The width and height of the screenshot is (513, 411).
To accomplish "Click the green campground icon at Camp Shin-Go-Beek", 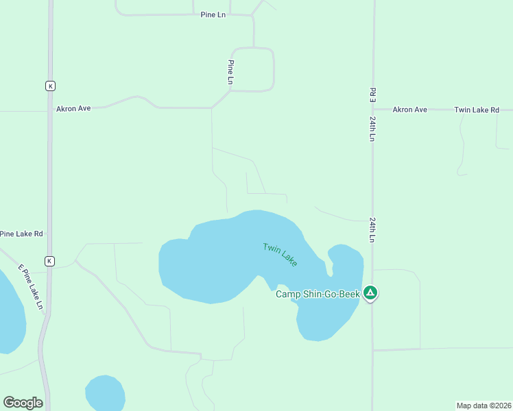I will tap(370, 293).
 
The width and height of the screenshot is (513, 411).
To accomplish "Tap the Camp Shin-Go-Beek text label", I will tap(317, 295).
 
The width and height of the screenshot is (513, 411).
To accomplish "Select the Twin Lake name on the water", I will tap(281, 255).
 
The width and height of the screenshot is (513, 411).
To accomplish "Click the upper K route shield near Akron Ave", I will tap(50, 86).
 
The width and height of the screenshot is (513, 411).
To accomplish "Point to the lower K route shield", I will tap(49, 261).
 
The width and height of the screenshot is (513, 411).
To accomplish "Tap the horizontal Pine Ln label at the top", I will tap(213, 14).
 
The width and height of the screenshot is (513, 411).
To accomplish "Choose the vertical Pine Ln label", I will tap(231, 72).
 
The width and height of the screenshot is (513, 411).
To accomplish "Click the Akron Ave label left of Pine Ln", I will tap(73, 108).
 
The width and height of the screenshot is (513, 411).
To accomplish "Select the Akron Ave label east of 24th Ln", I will tap(410, 110).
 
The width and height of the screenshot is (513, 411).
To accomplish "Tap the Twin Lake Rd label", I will tap(476, 110).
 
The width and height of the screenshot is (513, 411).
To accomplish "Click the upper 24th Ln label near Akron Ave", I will tap(372, 128).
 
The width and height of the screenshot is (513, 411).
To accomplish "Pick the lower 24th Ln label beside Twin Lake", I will tap(372, 231).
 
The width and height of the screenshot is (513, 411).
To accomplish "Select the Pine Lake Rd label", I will tap(21, 234).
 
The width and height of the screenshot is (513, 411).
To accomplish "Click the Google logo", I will tap(23, 403).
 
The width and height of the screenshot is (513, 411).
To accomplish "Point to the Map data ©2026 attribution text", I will tap(484, 405).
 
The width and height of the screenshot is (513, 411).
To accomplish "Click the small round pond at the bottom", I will tap(105, 394).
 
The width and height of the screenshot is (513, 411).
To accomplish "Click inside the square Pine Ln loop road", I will tap(253, 69).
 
